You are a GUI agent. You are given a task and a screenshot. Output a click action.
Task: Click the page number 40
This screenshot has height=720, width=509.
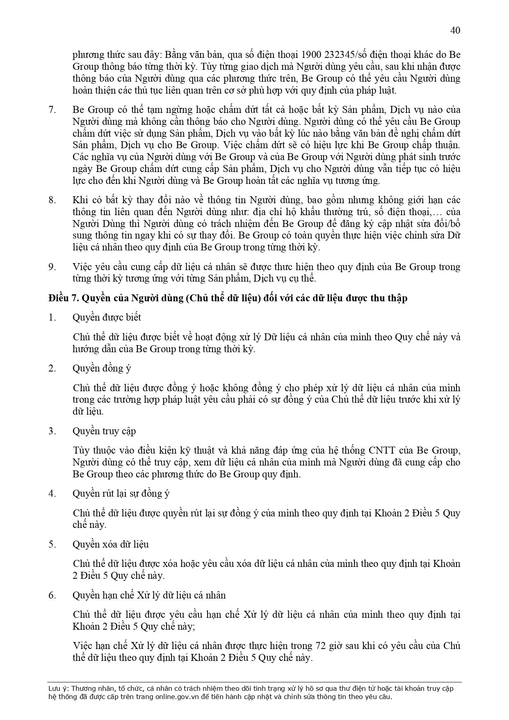(455, 30)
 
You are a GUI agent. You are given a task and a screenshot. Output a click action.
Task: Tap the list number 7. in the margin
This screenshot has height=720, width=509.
(52, 110)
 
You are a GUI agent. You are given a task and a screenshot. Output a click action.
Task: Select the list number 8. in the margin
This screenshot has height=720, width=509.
(52, 200)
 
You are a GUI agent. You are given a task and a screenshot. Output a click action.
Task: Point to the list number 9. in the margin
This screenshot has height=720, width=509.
(52, 267)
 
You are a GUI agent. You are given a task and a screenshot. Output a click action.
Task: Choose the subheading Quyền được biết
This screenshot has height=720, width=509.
(107, 317)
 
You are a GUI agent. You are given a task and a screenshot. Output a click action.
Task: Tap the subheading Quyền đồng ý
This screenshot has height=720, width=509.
(102, 368)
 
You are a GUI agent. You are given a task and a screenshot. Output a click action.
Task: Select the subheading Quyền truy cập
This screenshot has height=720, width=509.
(104, 431)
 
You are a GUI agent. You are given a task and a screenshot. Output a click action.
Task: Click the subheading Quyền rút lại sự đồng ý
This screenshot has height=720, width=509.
(121, 493)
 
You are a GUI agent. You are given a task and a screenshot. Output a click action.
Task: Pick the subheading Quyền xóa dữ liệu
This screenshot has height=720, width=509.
(111, 544)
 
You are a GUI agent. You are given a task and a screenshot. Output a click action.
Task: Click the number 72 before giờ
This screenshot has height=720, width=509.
(320, 646)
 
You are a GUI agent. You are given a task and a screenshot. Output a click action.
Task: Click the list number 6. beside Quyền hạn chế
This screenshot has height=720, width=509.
(52, 595)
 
